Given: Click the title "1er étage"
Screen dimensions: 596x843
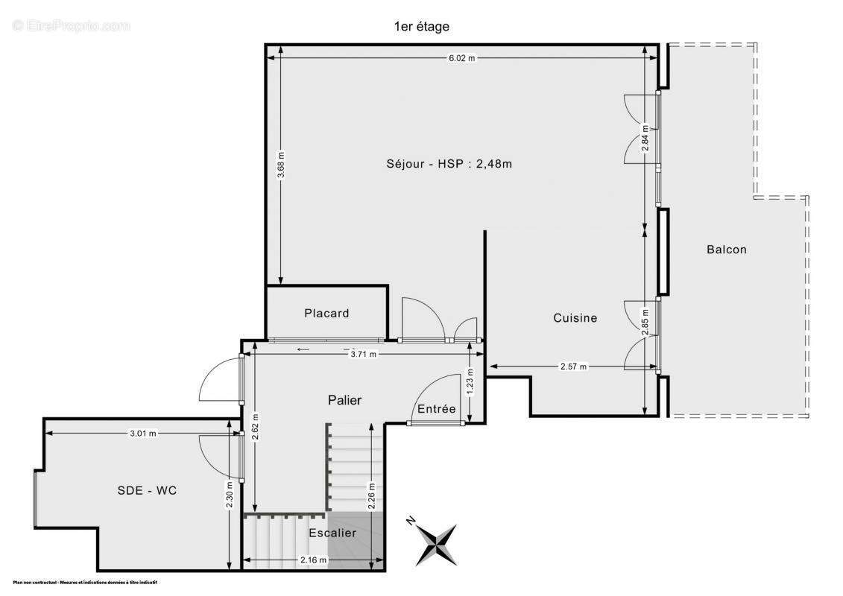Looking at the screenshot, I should click(421, 27).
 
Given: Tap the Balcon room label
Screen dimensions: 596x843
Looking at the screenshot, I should click(726, 250).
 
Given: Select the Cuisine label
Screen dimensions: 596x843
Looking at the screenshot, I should click(575, 318).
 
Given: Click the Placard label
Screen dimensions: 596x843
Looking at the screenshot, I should click(326, 314).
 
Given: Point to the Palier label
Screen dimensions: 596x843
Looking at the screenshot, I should click(344, 400).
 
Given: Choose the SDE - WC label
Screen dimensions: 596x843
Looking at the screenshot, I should click(147, 490).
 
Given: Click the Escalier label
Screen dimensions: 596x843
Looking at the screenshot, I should click(332, 533).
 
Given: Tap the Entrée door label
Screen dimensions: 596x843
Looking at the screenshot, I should click(436, 409).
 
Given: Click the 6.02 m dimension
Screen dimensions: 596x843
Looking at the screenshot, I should click(461, 58).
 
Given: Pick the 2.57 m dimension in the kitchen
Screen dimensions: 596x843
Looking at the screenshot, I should click(573, 367).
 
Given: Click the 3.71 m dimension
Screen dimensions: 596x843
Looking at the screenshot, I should click(364, 355).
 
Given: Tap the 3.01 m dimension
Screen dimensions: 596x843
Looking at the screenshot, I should click(142, 433).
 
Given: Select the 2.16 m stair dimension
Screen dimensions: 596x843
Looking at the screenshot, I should click(313, 560).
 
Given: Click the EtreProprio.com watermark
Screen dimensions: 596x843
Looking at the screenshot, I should click(71, 26).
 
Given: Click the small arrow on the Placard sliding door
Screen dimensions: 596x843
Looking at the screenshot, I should click(303, 349).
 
